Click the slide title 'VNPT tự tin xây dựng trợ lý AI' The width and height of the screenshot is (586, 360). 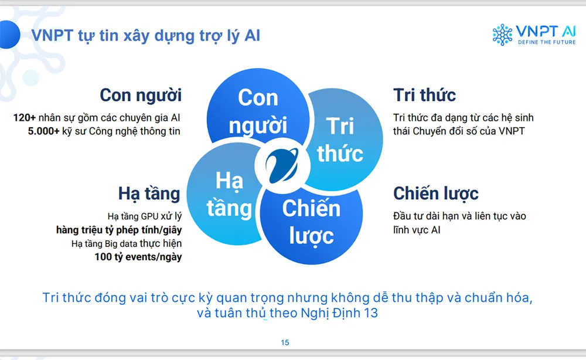[146, 35]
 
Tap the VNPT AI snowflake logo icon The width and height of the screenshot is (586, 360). [502, 35]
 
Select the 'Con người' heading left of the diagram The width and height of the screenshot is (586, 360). [141, 95]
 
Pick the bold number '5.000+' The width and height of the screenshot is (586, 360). [43, 131]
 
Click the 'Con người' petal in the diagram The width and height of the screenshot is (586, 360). [258, 111]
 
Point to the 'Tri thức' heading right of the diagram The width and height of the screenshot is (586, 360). [425, 95]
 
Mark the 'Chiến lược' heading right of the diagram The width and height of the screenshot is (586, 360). [436, 193]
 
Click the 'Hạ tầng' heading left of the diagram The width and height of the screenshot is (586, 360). [149, 193]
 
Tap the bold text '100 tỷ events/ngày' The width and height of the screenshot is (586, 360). [138, 257]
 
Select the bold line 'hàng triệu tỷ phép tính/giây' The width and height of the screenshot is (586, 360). [119, 229]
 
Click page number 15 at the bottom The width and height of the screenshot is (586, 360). [285, 342]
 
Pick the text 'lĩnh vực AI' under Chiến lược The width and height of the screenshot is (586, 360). [417, 230]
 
